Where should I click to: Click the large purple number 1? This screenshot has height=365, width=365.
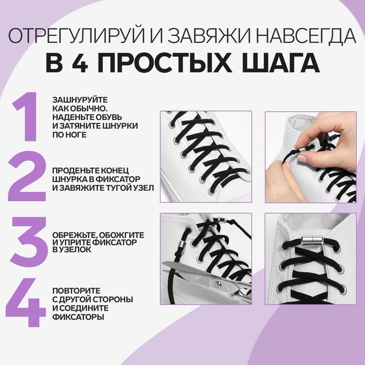click(27, 117)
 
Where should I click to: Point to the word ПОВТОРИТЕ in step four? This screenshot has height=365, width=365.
click(76, 290)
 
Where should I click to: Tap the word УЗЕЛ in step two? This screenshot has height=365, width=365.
click(141, 187)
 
